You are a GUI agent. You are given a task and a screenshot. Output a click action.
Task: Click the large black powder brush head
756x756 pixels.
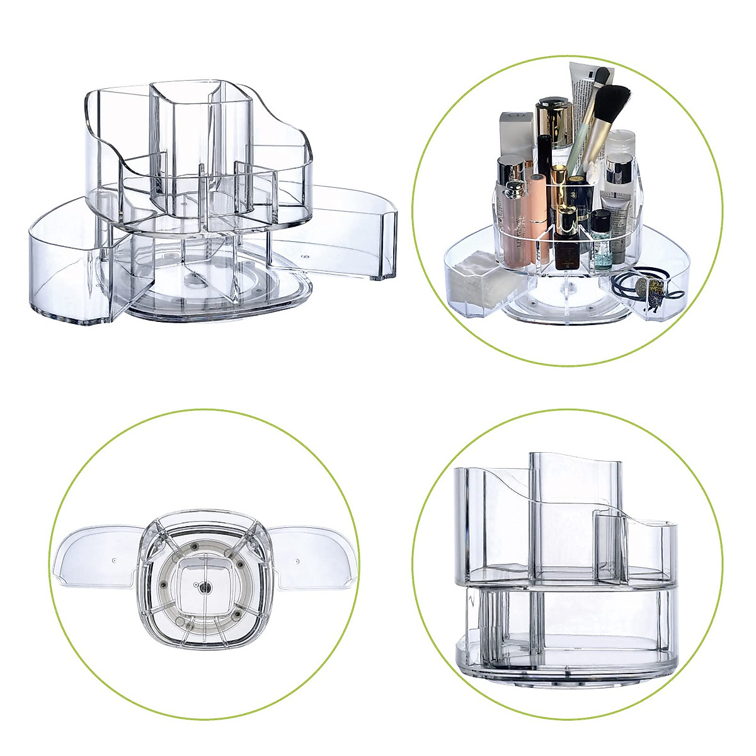pos(612,100)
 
